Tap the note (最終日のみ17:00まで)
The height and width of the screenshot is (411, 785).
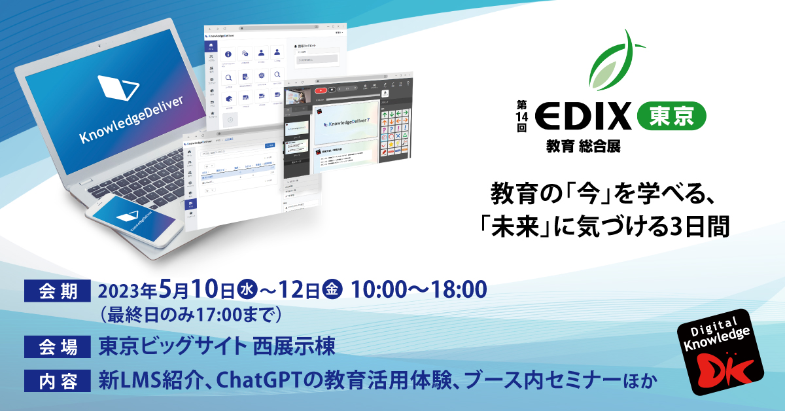click(189, 315)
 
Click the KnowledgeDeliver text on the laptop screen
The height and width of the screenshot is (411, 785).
click(131, 118)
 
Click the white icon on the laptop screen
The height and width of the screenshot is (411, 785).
click(118, 88)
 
